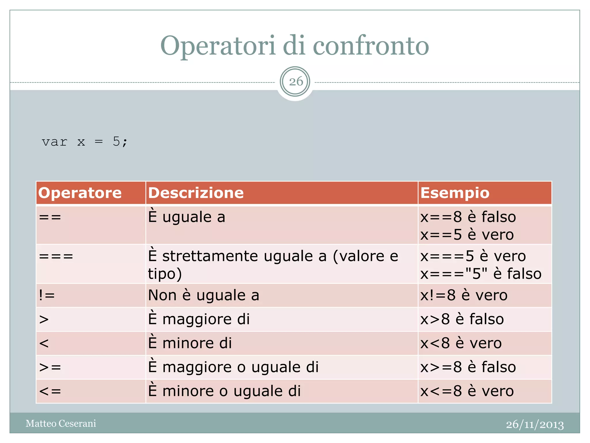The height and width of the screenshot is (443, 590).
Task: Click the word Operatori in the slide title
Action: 218,46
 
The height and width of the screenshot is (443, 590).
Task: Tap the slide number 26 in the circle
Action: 295,82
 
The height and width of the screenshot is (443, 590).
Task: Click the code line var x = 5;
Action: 84,142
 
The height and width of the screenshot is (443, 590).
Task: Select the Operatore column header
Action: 80,193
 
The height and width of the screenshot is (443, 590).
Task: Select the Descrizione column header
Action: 196,193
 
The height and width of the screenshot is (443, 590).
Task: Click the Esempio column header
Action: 455,193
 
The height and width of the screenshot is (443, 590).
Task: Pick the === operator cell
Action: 56,256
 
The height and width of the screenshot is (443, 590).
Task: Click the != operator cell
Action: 47,295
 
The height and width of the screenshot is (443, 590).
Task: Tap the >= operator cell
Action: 50,367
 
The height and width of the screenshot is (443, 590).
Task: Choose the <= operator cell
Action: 50,391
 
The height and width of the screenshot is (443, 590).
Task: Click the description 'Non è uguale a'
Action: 204,295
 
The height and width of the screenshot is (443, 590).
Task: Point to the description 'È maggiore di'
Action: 199,319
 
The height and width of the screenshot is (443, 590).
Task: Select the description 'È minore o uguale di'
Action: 224,391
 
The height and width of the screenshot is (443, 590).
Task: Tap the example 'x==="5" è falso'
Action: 481,274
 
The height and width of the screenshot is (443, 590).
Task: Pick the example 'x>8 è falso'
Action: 462,319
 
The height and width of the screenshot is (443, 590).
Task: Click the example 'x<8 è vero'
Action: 461,343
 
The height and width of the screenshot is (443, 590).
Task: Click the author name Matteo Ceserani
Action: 61,423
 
